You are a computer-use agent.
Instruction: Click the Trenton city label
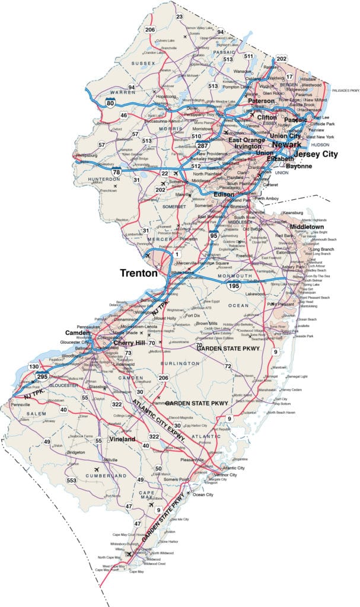coord(139,273)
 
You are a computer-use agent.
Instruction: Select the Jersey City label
coord(315,154)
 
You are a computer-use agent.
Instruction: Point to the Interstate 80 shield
coord(110,103)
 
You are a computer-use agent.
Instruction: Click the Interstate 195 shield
coord(234,286)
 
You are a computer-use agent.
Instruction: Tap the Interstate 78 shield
coord(117,172)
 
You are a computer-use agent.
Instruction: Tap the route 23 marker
coord(179,16)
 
